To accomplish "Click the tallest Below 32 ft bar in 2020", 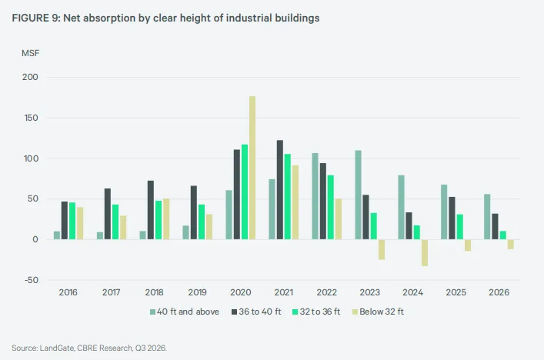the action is click(252, 168).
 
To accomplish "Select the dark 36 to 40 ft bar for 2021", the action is click(280, 190).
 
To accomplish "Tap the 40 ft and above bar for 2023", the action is click(358, 195).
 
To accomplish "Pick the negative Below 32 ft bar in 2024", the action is click(425, 253).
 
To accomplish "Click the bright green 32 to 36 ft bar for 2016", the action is click(72, 221).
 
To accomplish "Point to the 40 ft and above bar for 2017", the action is click(100, 236).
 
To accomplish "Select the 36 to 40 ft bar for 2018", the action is click(151, 210).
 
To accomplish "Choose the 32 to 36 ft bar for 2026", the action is click(503, 235).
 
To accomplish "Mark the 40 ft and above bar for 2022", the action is click(315, 196).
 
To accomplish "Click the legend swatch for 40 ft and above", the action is click(152, 312).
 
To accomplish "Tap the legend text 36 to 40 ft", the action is click(260, 312).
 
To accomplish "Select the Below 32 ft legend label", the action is click(382, 312).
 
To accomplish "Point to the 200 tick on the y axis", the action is click(30, 77).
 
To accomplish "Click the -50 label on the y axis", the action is click(32, 280).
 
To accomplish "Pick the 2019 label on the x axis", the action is click(198, 292).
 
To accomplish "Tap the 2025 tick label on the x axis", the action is click(456, 292).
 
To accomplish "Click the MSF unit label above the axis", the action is click(31, 53).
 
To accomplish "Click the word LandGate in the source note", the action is click(57, 348).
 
